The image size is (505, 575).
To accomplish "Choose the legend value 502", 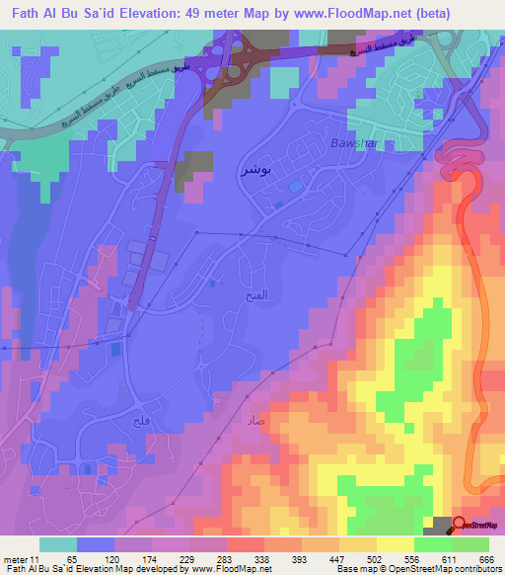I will click(376, 558).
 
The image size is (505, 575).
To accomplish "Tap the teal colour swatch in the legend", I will click(58, 544).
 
